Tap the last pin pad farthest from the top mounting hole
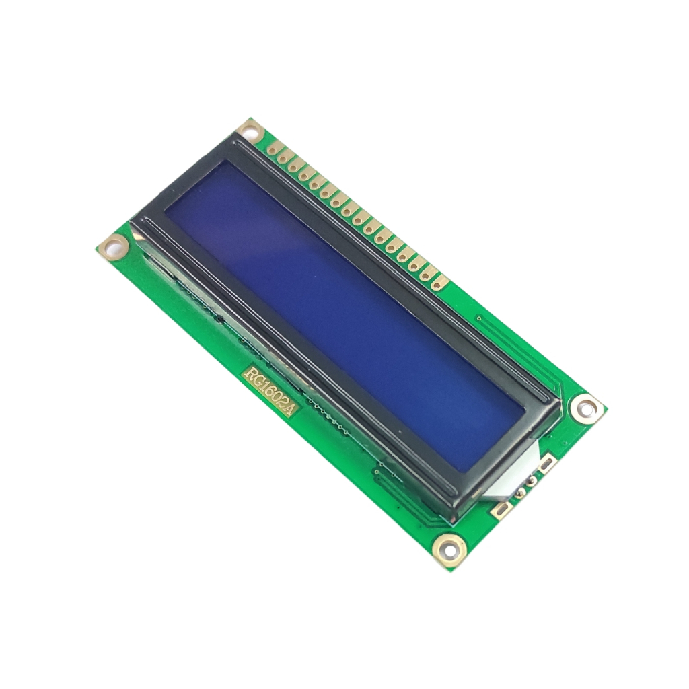[x=438, y=284]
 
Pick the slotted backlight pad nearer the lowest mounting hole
[x=501, y=510]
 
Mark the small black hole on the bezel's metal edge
[x=219, y=316]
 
